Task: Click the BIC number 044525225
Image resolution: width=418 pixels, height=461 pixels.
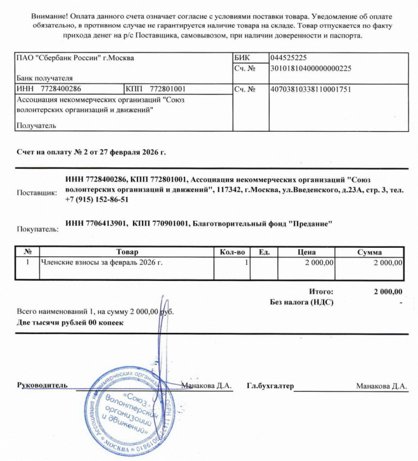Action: (289, 58)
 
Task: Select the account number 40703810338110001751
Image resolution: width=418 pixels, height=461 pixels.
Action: (311, 89)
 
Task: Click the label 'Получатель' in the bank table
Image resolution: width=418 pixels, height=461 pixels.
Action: (36, 125)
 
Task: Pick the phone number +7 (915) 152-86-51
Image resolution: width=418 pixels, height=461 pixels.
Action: (97, 200)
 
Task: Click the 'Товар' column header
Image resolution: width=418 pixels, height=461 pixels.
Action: (127, 252)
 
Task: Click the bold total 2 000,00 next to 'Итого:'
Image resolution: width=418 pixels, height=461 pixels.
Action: (388, 292)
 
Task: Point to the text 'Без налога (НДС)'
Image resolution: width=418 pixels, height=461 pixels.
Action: (301, 302)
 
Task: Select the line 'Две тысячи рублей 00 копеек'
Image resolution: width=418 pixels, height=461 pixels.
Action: (70, 323)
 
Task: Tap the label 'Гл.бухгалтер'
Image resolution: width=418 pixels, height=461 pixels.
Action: (270, 386)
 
